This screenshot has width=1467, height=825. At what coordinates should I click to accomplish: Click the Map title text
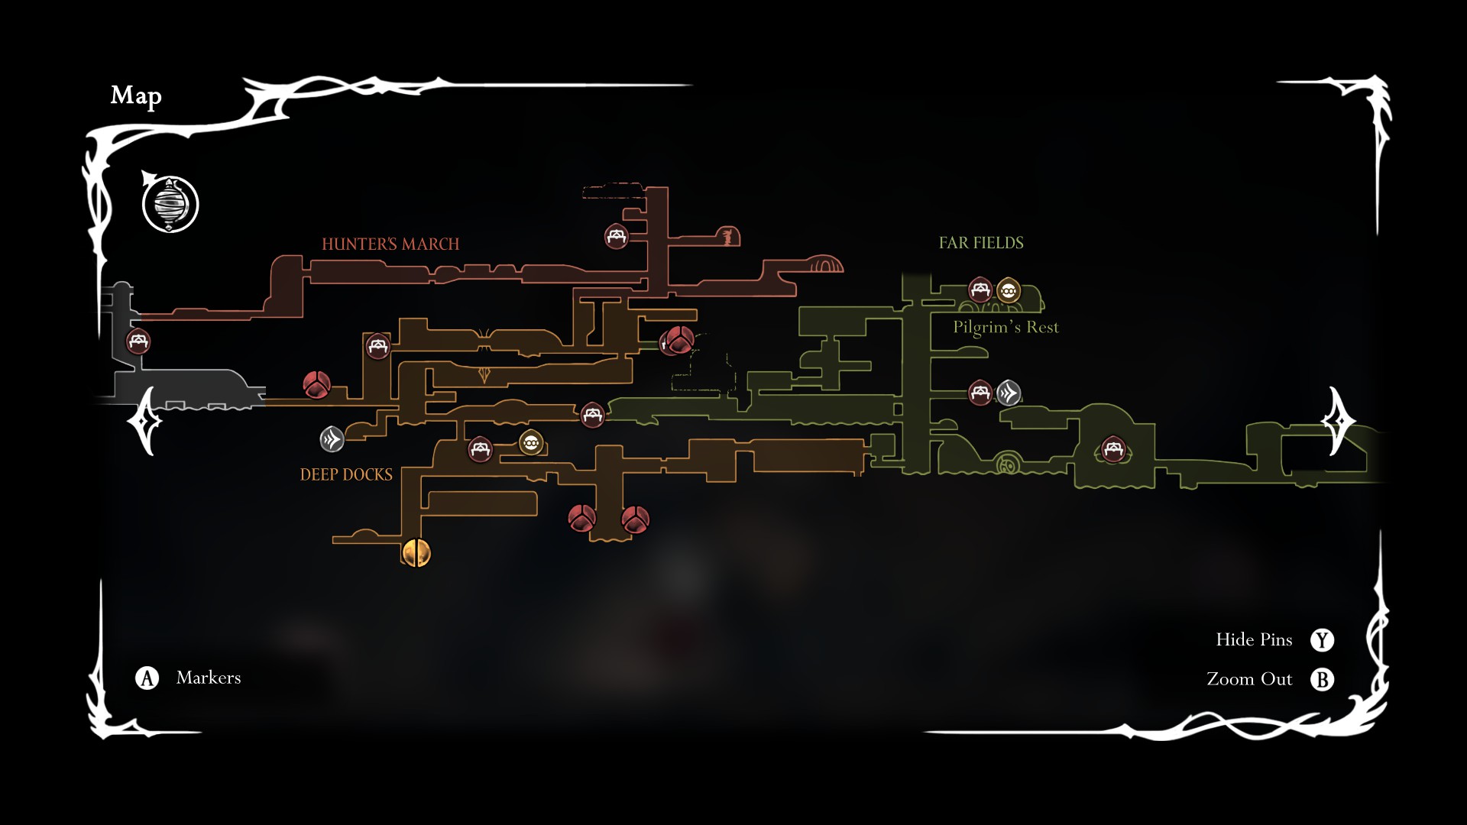coord(136,95)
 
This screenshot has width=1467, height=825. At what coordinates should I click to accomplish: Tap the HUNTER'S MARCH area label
coord(390,244)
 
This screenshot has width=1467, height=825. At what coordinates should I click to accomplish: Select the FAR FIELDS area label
coord(981,243)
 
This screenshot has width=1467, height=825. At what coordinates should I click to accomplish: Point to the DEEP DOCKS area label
coord(346,475)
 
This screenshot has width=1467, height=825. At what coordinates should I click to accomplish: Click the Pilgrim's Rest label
coord(1006,328)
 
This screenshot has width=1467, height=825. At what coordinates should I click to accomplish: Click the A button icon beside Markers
coord(147,678)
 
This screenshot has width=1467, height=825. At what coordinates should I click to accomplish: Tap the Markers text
coord(209,678)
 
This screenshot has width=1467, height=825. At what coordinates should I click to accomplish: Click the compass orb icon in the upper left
coord(170,205)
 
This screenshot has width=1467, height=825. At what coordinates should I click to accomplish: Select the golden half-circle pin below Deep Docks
coord(416,552)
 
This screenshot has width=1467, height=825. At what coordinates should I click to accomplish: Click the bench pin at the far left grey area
coord(138,341)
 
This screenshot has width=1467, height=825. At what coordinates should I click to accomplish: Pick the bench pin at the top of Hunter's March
coord(617,236)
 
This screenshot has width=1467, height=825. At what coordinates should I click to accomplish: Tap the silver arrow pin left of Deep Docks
coord(332,439)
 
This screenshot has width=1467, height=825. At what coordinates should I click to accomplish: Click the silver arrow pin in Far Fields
coord(1009,393)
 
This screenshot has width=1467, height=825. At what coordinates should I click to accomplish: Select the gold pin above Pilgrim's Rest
coord(1009,290)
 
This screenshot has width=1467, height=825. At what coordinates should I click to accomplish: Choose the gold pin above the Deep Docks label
coord(531,442)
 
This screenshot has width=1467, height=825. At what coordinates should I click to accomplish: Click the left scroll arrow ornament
coord(145,421)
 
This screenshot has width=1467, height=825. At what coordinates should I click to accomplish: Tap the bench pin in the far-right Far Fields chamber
coord(1113,448)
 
